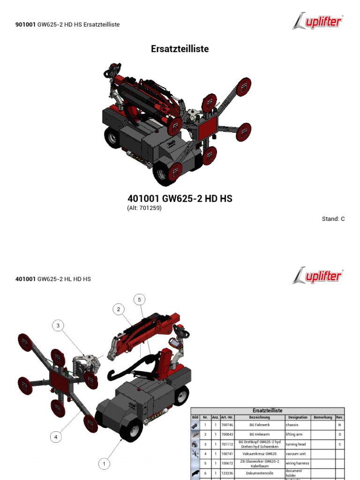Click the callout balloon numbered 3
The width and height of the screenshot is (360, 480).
pos(58,326)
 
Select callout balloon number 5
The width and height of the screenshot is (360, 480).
pos(139,299)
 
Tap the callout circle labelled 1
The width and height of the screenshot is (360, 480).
pos(104,464)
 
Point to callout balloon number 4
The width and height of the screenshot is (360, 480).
pos(56,437)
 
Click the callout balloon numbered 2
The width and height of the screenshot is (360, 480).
pos(119,309)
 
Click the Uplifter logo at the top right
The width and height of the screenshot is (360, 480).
pos(318,22)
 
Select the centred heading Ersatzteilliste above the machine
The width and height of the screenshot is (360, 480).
pos(180,49)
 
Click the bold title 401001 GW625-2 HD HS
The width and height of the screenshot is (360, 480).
pos(180,199)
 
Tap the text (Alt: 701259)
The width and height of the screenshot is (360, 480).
pos(144,208)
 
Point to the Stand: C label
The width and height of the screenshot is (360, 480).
pos(333,219)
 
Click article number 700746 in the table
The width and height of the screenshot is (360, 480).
pos(227,425)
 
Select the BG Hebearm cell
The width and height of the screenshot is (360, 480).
pos(259,435)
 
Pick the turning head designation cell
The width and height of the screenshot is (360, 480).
pos(297,444)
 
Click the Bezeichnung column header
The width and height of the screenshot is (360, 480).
pos(259,417)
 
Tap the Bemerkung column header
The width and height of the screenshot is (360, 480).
pos(322,417)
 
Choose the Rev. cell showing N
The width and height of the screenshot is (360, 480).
pos(339,425)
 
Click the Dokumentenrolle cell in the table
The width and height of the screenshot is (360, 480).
pos(259,473)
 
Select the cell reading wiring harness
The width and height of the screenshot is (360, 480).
pos(297,463)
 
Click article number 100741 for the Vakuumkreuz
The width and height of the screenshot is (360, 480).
pos(227,454)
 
